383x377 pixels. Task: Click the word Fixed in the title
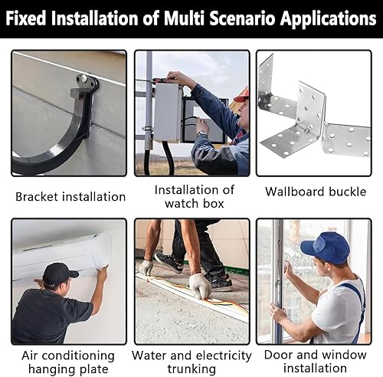[x=25, y=18]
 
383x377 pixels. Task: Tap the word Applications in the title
[x=329, y=20]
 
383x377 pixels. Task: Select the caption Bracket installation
[x=70, y=197]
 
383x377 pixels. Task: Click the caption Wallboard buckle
[x=316, y=192]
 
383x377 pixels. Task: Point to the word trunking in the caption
[x=191, y=369]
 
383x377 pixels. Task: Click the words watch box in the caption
[x=195, y=204]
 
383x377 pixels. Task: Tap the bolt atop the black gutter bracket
[x=83, y=77]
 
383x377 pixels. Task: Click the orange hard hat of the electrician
[x=241, y=95]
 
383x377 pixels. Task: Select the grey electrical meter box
[x=167, y=112]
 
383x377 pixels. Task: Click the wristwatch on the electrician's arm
[x=202, y=133]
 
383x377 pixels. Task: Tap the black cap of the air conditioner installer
[x=60, y=274]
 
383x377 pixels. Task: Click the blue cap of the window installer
[x=325, y=247]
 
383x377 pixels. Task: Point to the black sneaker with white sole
[x=169, y=262]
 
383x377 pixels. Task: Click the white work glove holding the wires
[x=200, y=285]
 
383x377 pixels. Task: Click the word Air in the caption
[x=30, y=356]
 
